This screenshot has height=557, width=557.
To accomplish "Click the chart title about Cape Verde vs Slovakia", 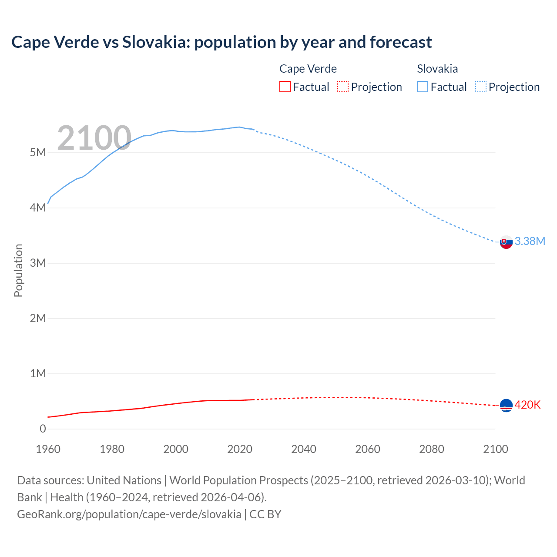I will [x=221, y=42].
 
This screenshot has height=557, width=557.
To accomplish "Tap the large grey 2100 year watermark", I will [x=94, y=138].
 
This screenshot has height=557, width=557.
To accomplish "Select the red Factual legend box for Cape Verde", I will [x=285, y=87].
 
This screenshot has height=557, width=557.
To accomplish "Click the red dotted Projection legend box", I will [x=343, y=87].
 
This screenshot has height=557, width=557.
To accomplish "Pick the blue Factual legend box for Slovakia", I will [x=423, y=87].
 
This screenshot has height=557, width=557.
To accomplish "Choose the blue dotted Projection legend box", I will [x=480, y=87].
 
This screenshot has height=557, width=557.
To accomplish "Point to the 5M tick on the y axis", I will [x=38, y=152].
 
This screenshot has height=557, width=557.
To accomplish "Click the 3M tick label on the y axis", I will [x=38, y=263].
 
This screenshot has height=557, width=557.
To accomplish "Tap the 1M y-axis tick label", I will [x=38, y=373].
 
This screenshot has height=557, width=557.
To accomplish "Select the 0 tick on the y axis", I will [x=43, y=429].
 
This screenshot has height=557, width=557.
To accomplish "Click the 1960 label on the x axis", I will [x=48, y=449].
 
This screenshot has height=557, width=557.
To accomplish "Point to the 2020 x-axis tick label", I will [x=240, y=449].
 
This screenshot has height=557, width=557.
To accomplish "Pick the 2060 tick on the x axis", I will [x=368, y=449].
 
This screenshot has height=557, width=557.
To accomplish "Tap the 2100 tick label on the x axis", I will [x=496, y=449].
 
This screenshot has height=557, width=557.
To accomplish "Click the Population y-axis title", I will [x=18, y=270].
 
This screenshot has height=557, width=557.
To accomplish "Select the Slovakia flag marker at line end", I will [x=506, y=242].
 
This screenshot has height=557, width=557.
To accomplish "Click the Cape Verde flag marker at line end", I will [x=506, y=406].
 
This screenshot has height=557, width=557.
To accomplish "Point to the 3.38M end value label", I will [x=530, y=241].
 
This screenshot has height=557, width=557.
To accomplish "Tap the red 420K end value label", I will [x=527, y=405].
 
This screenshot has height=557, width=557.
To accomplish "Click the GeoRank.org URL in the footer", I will [x=129, y=514].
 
